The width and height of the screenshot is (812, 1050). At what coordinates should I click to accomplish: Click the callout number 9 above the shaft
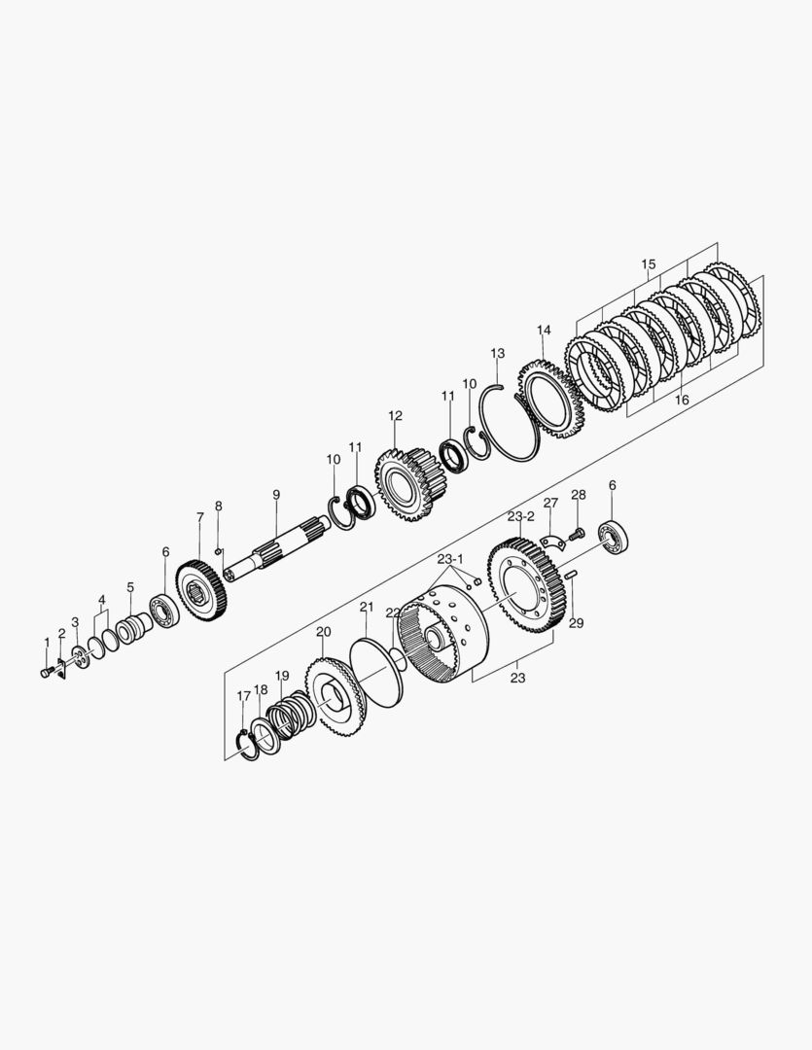(276, 495)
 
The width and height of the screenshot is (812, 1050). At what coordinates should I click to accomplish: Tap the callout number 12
(395, 416)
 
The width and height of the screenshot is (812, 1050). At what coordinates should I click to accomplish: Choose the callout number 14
(544, 331)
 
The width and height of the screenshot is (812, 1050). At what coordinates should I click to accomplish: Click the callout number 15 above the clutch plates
(648, 263)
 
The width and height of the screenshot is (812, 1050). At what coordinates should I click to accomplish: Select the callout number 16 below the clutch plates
(682, 401)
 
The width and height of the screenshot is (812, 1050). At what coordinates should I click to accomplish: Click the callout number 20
(324, 632)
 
